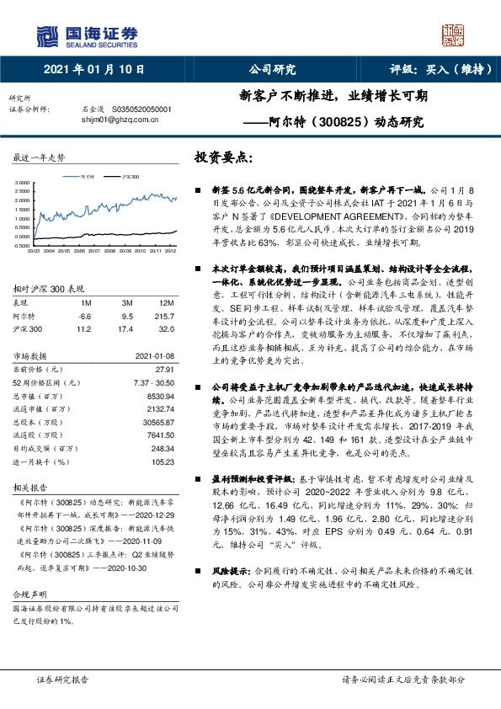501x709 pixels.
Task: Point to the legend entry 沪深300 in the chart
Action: tap(129, 177)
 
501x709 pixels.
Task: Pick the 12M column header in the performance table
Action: tap(168, 301)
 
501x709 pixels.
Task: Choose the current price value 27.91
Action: tap(164, 370)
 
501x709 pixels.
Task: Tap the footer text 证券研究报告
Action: tap(64, 678)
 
